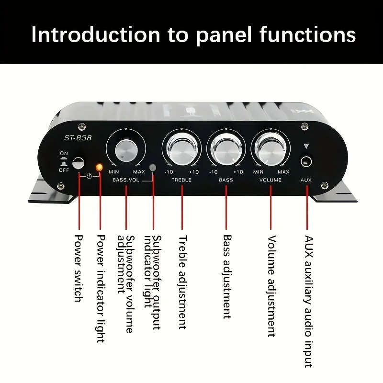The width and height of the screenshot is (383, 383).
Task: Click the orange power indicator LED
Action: (x=100, y=168)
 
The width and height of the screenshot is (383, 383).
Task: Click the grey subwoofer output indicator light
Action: (x=153, y=168)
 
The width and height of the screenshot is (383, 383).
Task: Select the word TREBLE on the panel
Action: (x=181, y=180)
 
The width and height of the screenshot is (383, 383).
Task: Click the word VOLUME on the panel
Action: (x=270, y=180)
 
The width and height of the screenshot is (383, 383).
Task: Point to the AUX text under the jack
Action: (x=306, y=180)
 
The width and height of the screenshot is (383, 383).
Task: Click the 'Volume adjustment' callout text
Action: (x=271, y=286)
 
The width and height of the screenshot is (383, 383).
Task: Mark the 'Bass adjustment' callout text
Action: (x=227, y=276)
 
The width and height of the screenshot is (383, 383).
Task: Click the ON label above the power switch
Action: (x=64, y=153)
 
